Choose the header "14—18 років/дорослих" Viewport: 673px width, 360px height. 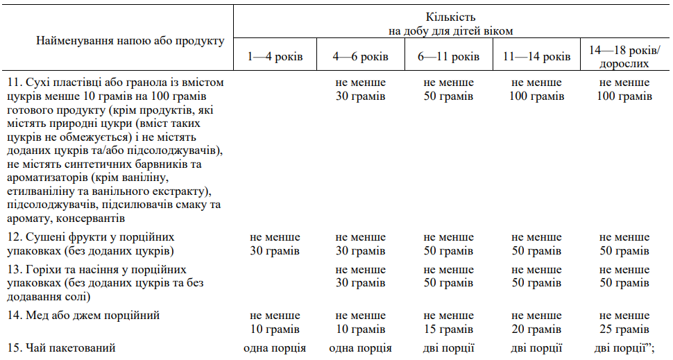point(624,57)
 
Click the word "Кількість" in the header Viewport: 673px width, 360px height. point(451,17)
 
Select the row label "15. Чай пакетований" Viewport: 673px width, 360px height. point(61,348)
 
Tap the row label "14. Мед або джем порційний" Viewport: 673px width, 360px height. point(84,316)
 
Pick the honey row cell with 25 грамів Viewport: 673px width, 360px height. point(624,323)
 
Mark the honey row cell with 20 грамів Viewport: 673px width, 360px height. point(536,323)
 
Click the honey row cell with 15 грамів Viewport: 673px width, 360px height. point(448,323)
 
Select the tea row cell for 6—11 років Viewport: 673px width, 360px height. point(448,348)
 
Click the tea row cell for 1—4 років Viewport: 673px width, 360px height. point(275,348)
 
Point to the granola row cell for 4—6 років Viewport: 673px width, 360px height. point(360,89)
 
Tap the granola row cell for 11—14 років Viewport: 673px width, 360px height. point(536,89)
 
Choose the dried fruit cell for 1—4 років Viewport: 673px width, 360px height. point(275,244)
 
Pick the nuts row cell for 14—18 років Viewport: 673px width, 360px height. point(624,276)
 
